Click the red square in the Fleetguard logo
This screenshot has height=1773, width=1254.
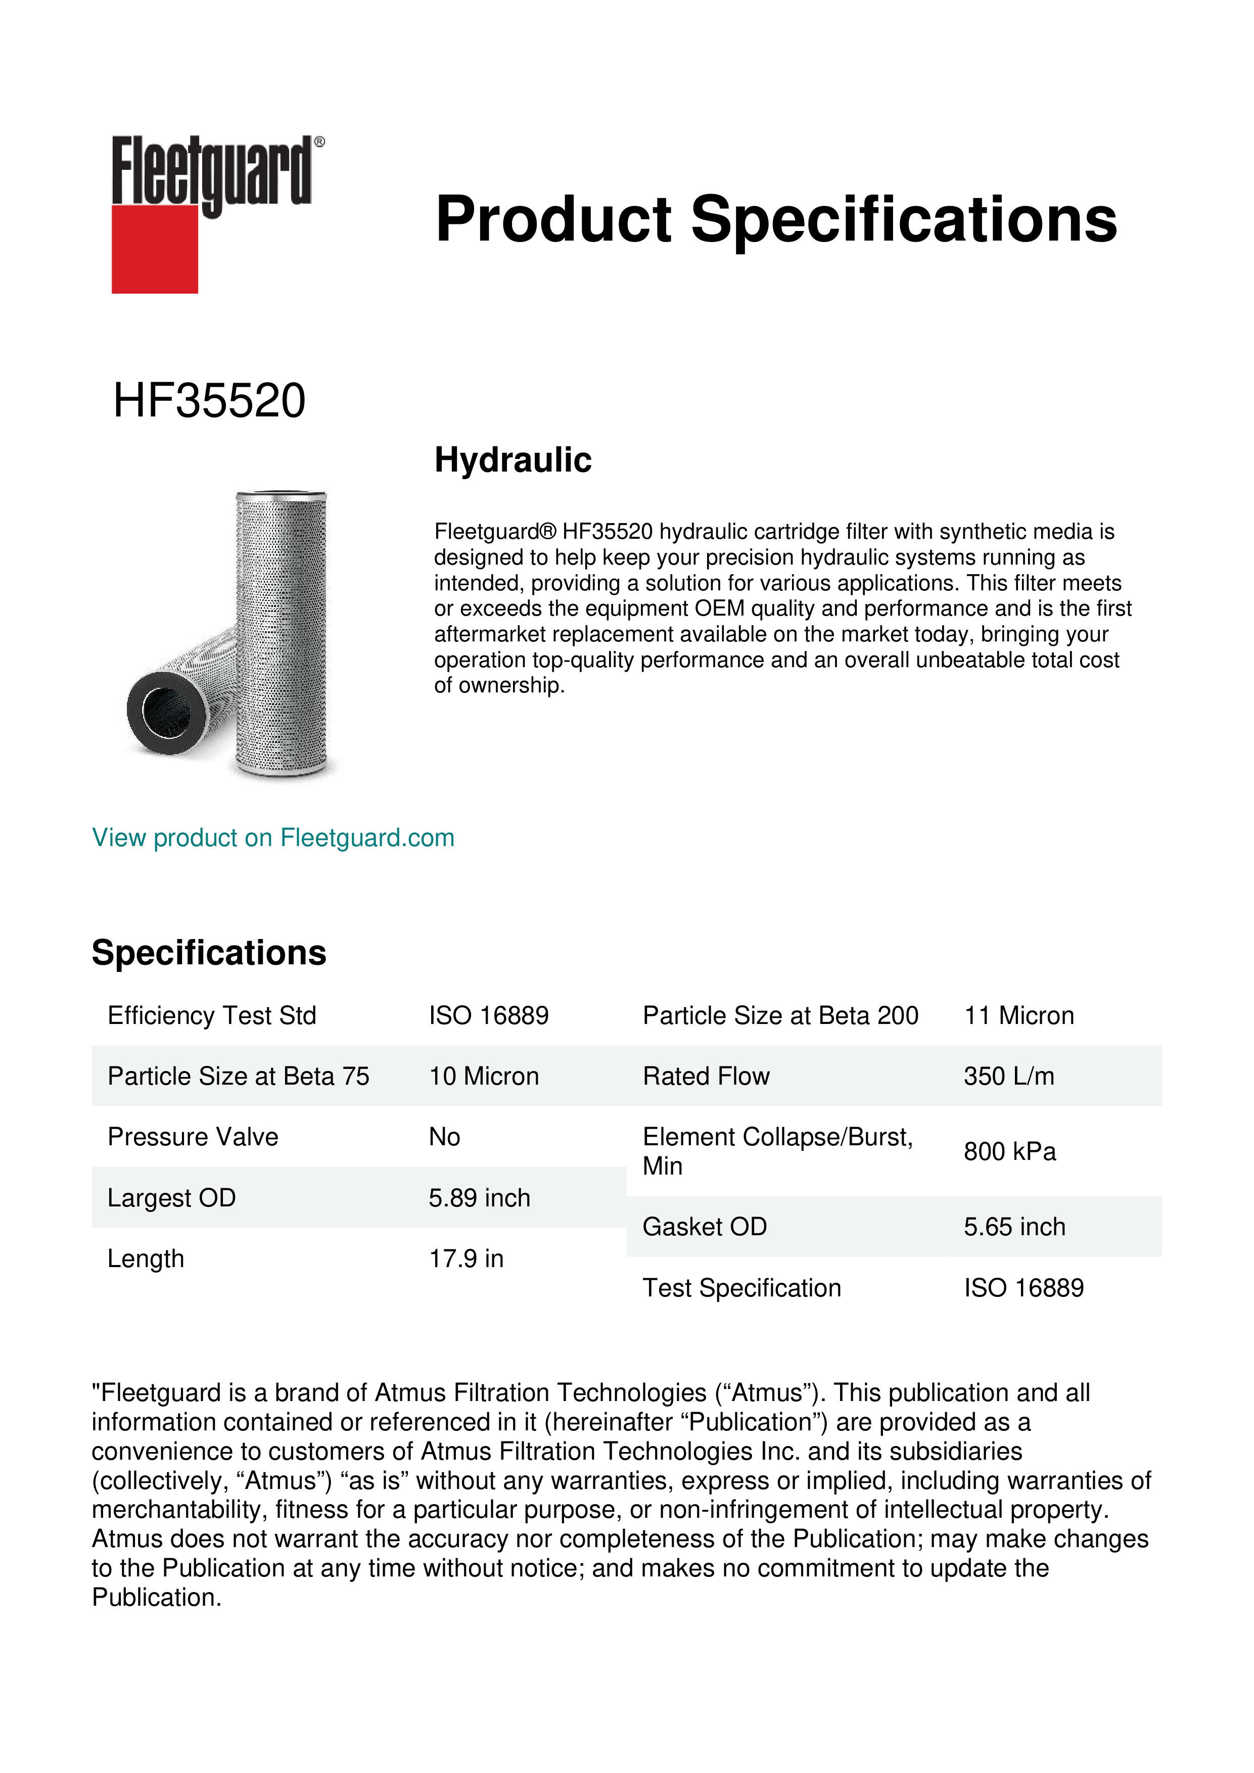click(x=155, y=249)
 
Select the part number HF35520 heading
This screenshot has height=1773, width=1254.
click(x=209, y=401)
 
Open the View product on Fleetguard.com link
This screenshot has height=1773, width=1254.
click(x=273, y=838)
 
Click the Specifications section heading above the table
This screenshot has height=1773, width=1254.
click(x=208, y=952)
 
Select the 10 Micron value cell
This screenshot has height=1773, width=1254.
click(x=484, y=1077)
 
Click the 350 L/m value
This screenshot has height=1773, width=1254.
click(x=1008, y=1077)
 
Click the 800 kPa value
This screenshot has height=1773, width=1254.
click(x=1009, y=1151)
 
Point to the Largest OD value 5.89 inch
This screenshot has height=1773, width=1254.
click(x=480, y=1198)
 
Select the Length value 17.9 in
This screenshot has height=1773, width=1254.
click(x=467, y=1258)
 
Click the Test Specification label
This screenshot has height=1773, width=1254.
click(x=741, y=1288)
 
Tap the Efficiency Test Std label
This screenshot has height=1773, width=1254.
click(x=212, y=1015)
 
